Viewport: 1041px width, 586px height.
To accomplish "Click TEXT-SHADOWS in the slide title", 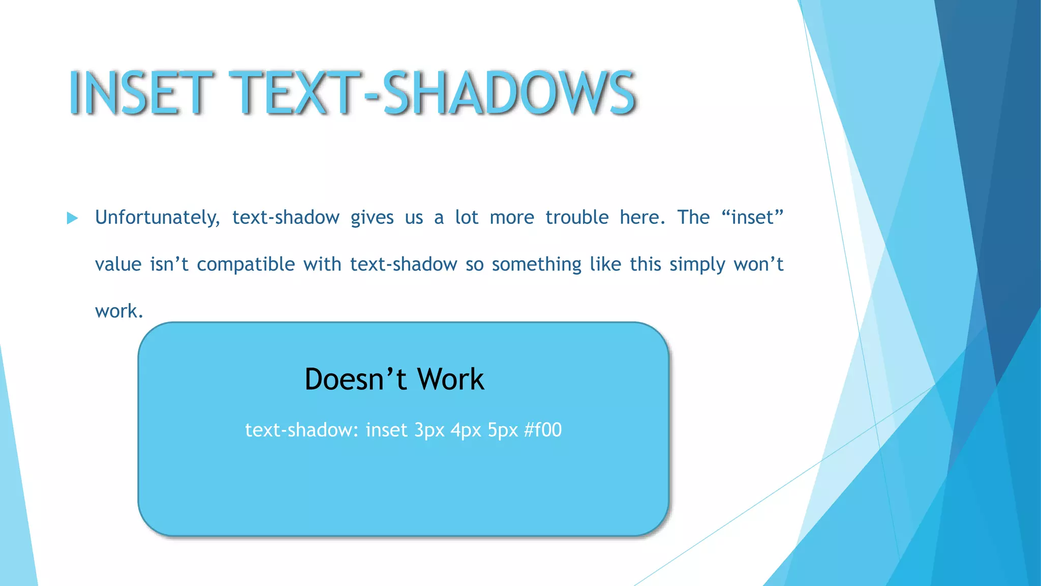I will click(432, 93).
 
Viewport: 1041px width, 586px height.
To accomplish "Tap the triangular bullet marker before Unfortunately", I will click(72, 219).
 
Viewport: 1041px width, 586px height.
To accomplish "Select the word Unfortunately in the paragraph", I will click(157, 218).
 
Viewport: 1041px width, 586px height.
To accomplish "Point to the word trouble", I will click(577, 218).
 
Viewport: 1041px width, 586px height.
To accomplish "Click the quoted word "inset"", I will click(752, 217).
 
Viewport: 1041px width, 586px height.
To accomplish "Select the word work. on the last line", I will click(119, 311).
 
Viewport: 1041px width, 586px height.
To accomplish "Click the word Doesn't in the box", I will click(356, 379).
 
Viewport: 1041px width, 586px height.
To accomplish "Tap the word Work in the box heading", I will click(450, 379).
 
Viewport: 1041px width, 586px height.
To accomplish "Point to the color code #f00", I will click(543, 430).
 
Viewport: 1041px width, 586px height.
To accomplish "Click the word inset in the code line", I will click(386, 430).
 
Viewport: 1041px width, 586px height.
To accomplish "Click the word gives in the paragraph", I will click(372, 218).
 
